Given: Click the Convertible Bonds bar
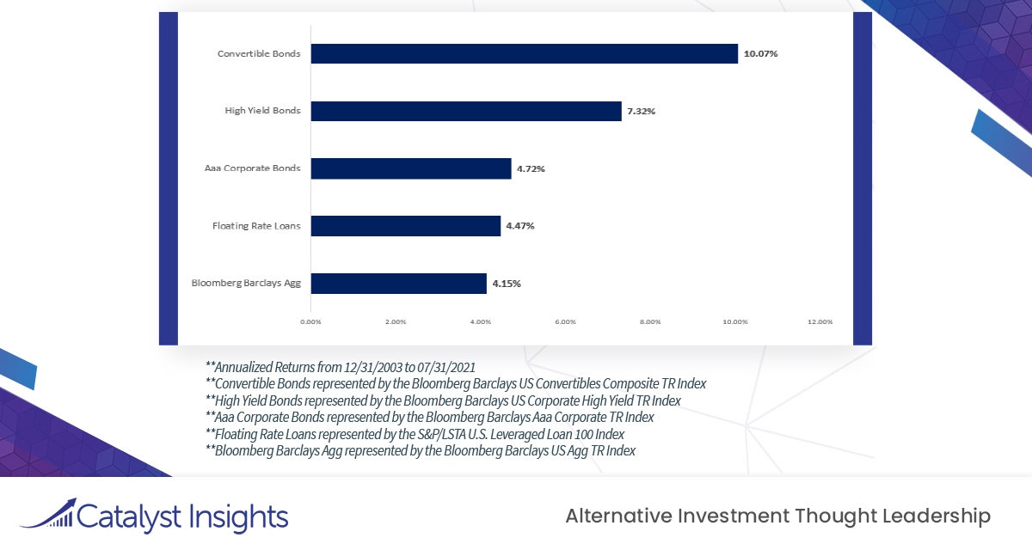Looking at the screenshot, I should click(x=524, y=54).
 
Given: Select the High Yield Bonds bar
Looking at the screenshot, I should click(x=465, y=111).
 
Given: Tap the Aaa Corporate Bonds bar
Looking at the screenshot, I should click(x=410, y=168).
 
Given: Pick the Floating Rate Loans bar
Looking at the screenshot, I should click(x=405, y=226).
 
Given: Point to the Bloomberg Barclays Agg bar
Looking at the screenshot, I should click(x=398, y=283).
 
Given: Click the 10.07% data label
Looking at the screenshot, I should click(x=761, y=54).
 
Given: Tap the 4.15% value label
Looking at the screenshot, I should click(x=507, y=283).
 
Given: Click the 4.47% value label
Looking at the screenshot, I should click(x=520, y=226).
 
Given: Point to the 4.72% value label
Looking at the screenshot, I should click(x=531, y=168).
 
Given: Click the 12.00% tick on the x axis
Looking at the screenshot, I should click(x=820, y=322).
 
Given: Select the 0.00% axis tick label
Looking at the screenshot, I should click(x=310, y=322).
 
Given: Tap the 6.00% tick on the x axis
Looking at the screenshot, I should click(x=565, y=322).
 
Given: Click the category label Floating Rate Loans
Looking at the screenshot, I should click(x=256, y=226).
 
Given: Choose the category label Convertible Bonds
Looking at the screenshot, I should click(x=259, y=54).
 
